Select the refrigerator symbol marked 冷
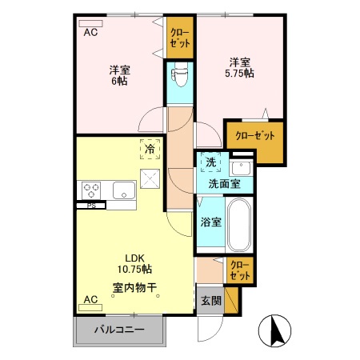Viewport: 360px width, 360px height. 149,148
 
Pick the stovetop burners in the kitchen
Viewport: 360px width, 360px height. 90,190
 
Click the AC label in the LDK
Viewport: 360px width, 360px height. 90,300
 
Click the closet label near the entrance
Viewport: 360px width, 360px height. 238,268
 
